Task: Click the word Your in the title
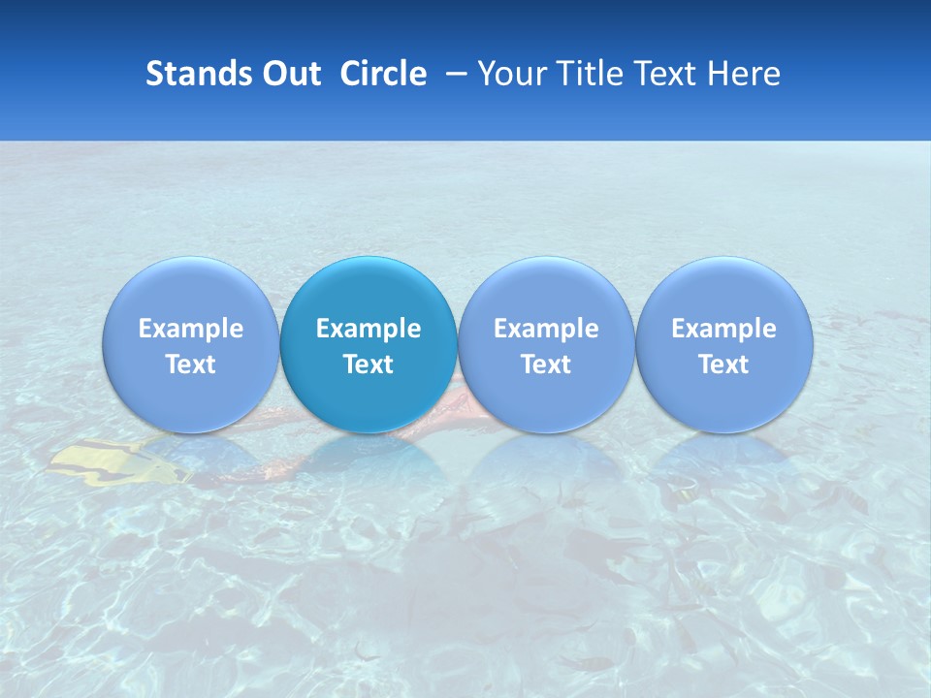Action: point(508,74)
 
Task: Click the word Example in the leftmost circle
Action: point(191,329)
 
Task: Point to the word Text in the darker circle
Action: point(369,365)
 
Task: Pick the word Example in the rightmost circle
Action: point(723,329)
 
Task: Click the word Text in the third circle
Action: point(546,365)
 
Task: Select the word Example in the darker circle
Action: point(369,329)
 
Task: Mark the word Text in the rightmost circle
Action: point(723,365)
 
